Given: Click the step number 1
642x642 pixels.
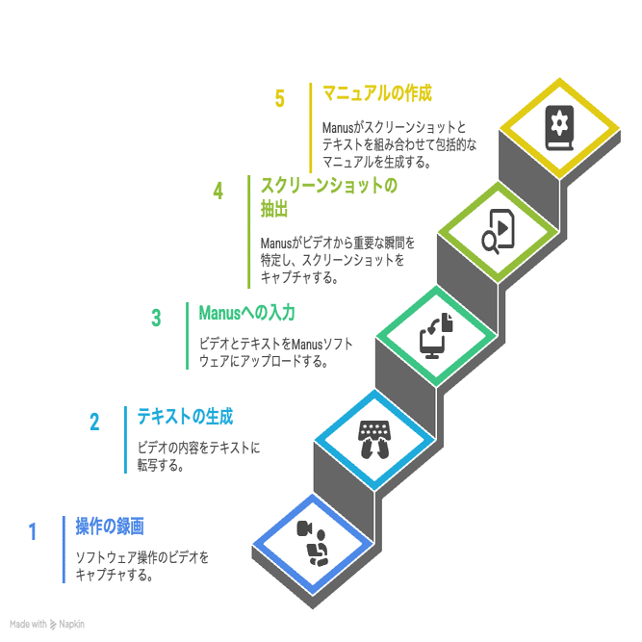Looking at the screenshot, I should coord(32,531).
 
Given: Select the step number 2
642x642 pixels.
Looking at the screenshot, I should coord(94,422).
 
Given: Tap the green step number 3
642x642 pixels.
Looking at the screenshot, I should coord(156,318).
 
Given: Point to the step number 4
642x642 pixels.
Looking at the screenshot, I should coord(218,191).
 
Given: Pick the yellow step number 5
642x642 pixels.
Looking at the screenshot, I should coord(280,99).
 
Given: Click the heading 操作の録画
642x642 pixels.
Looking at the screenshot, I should coord(110,526).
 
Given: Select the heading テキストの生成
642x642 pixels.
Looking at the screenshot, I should coord(185,417).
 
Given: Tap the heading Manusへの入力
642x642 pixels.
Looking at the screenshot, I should coord(246,313).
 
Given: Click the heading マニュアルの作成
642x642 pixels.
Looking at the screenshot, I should coord(377,93).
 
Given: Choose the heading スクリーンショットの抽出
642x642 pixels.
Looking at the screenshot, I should coord(328,197).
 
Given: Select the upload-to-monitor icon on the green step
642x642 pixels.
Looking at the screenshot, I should coord(435,335).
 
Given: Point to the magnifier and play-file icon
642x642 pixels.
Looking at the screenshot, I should coord(499,230).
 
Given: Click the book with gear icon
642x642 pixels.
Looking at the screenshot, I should coord(559,128).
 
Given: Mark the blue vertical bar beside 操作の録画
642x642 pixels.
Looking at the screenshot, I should coord(64,549).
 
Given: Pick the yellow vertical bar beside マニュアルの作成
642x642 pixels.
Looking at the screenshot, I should coord(312,126).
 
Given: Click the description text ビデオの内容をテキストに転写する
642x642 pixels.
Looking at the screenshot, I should coord(198,456).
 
